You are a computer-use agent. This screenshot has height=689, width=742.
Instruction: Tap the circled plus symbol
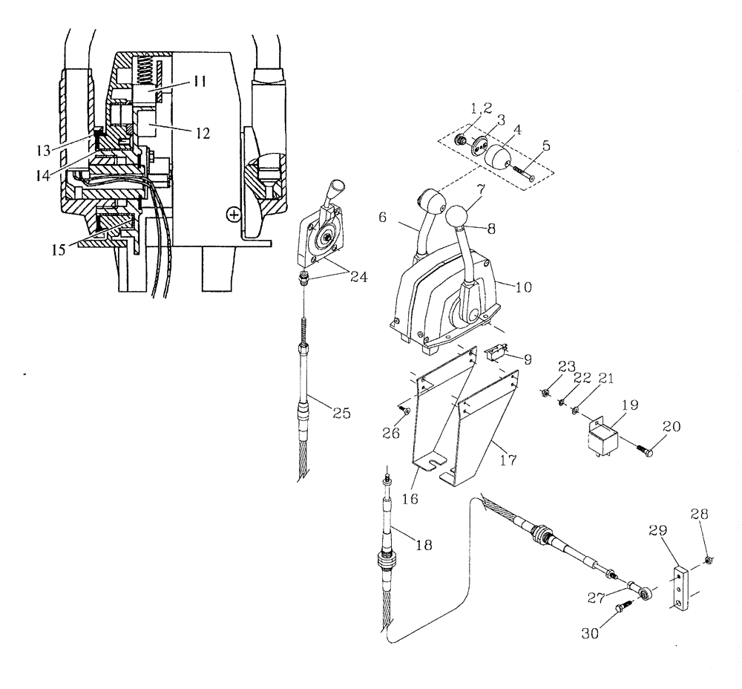(x=234, y=214)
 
